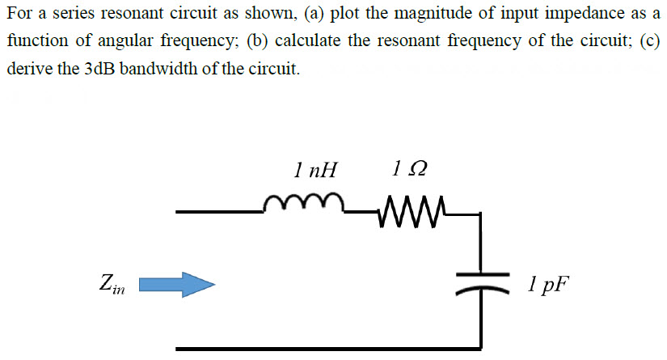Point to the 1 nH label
[x=316, y=170]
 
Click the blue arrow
[x=177, y=284]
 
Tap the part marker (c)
[x=650, y=42]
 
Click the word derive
[x=27, y=69]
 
